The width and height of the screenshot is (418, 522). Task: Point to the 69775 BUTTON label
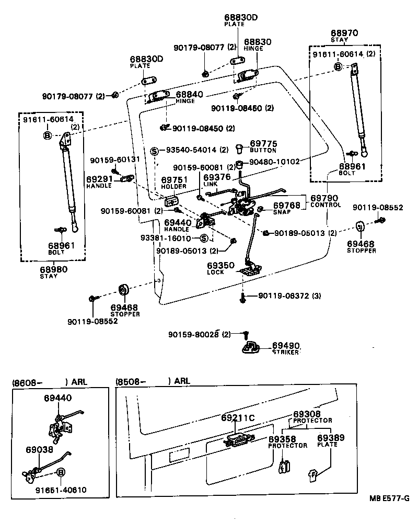(263, 146)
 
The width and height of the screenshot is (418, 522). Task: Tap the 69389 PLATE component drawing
(313, 474)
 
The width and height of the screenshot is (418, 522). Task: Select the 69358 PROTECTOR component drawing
(284, 466)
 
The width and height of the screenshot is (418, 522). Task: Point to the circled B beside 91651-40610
(61, 472)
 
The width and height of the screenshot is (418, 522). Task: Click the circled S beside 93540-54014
(154, 151)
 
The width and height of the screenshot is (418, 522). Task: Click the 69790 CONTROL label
(325, 201)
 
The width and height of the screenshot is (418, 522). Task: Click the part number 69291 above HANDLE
(99, 179)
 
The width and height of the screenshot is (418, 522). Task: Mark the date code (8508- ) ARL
(152, 381)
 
